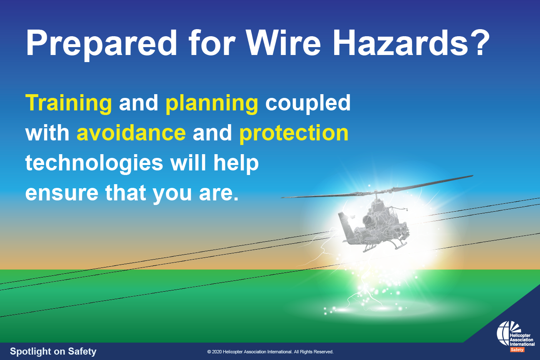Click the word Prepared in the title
coord(102,44)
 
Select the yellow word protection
coord(294,133)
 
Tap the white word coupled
coord(307,103)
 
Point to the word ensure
coord(62,193)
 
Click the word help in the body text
coord(236,163)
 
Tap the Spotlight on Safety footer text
coord(53,351)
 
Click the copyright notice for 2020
coord(270,352)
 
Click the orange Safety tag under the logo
coord(517,350)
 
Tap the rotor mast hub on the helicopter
coord(376,193)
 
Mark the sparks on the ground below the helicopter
coord(366,299)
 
